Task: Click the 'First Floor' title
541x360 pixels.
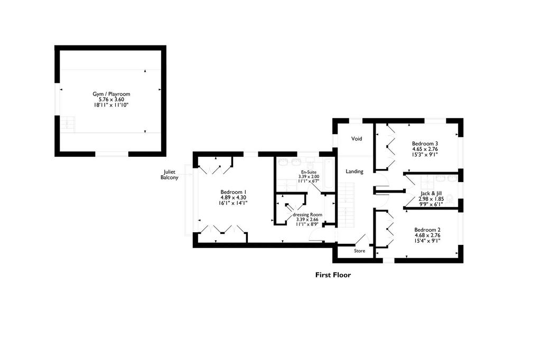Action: click(x=333, y=275)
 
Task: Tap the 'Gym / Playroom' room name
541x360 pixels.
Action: click(x=111, y=94)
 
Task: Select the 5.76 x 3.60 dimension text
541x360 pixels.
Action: click(x=111, y=99)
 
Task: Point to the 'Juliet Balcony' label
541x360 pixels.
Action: click(x=170, y=175)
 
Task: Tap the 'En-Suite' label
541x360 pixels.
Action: click(x=309, y=172)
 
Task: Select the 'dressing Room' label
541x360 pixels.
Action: click(x=307, y=214)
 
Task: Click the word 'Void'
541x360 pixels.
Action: click(x=357, y=139)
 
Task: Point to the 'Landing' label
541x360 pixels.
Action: click(x=355, y=172)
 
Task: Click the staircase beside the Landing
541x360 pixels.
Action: click(x=346, y=205)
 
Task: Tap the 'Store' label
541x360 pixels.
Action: click(x=359, y=251)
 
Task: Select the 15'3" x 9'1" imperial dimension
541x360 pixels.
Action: click(x=425, y=155)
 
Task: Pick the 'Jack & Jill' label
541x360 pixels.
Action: click(x=431, y=194)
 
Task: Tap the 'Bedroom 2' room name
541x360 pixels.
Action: click(x=427, y=230)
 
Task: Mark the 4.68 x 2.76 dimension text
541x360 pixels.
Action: click(x=427, y=235)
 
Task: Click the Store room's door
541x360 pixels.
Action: click(x=362, y=239)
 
